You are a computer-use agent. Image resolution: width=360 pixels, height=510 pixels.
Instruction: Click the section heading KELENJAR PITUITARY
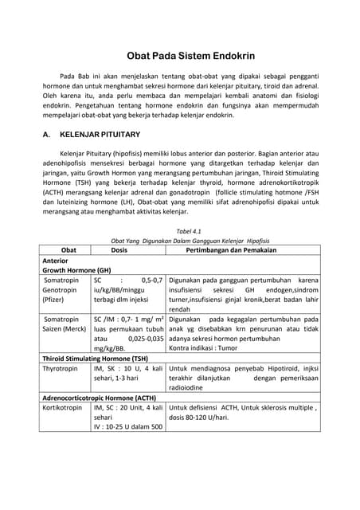click(100, 136)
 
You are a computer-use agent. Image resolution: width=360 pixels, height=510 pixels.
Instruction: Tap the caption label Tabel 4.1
click(180, 230)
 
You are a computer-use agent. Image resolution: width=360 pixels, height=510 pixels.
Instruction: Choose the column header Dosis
click(119, 249)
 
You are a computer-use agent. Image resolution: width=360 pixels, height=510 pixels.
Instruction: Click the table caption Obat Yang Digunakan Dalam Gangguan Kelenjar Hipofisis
click(180, 239)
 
